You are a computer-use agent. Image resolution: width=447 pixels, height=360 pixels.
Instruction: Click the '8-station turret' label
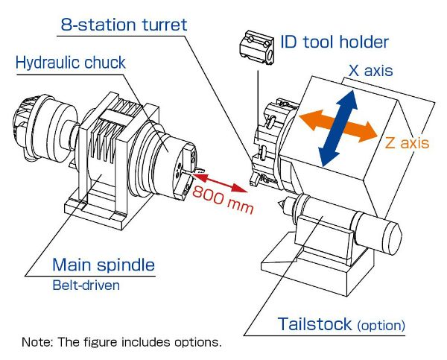(124, 25)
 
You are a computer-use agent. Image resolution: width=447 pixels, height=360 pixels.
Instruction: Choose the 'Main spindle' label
(103, 265)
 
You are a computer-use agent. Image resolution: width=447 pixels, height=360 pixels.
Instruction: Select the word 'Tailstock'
(313, 324)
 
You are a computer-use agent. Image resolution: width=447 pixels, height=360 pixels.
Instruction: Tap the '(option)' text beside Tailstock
(381, 326)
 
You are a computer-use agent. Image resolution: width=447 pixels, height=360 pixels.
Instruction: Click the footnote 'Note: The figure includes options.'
(122, 344)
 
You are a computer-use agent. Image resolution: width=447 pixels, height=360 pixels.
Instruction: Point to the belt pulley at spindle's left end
(22, 127)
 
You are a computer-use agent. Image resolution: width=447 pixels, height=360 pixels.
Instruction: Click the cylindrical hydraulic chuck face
(176, 160)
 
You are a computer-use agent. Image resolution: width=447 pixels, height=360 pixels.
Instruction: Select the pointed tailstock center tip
(279, 201)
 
